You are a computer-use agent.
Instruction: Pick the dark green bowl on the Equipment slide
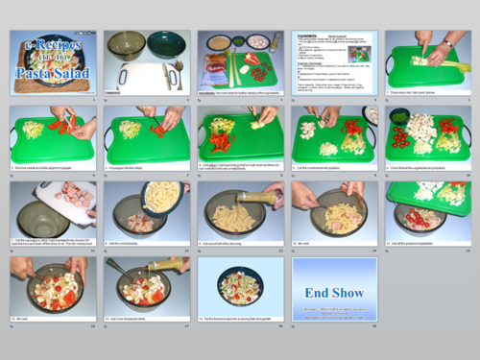(x=165, y=44)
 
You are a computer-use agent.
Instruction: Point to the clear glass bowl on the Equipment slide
(x=125, y=44)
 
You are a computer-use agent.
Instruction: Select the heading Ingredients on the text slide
(x=308, y=35)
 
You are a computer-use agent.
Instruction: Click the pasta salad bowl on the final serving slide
(x=239, y=285)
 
